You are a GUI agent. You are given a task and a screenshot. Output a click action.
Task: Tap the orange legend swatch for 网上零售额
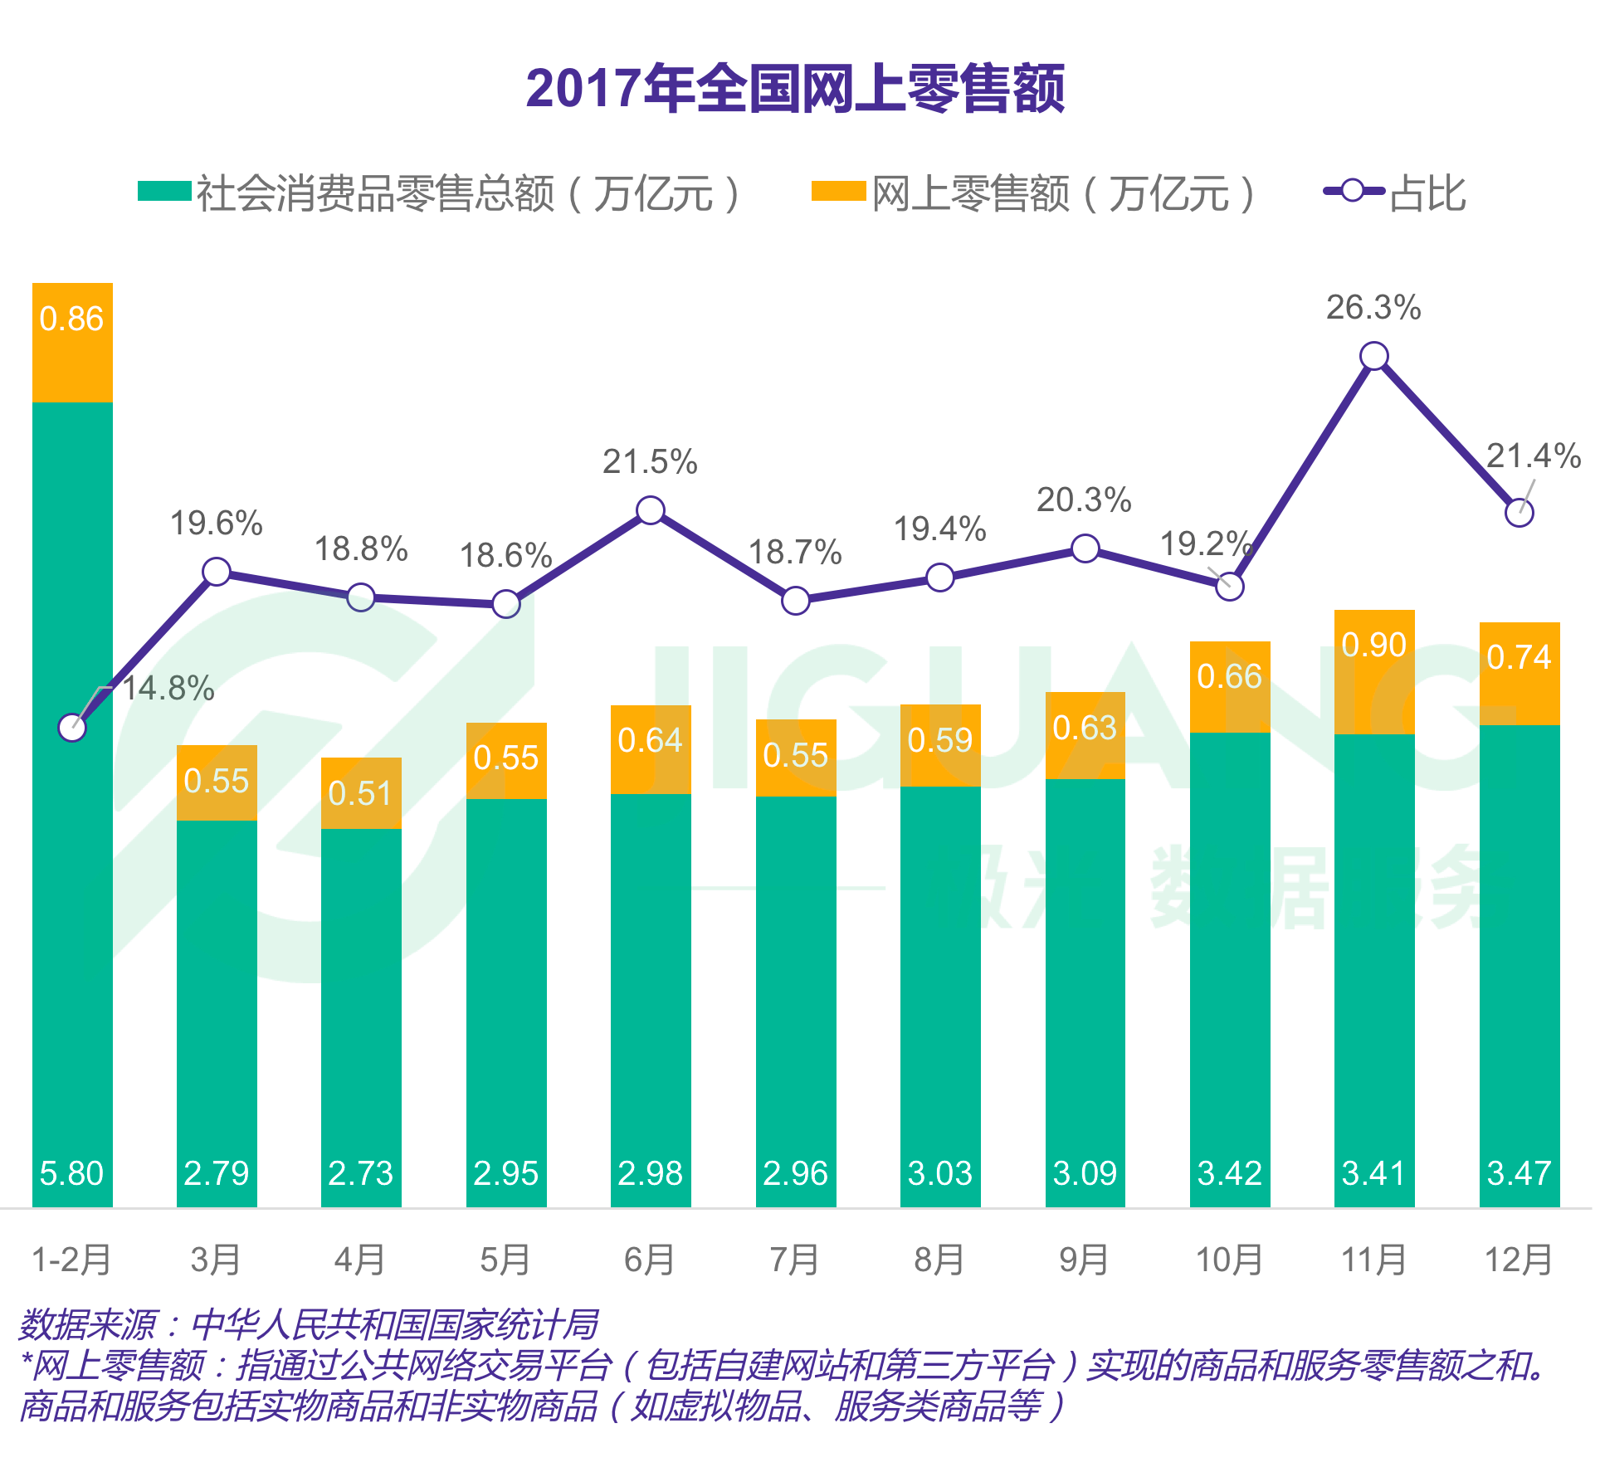[x=838, y=191]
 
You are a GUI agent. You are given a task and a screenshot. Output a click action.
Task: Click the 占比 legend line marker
[x=1353, y=191]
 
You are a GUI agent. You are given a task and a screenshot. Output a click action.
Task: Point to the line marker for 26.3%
[x=1374, y=356]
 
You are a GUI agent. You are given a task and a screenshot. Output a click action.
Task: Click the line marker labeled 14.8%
[x=72, y=728]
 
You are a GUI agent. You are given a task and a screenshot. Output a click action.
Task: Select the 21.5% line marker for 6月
[x=651, y=509]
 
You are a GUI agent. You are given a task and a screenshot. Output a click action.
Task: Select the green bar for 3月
[x=217, y=996]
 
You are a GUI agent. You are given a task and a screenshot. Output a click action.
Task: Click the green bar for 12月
[x=1519, y=954]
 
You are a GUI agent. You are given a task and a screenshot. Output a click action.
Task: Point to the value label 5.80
[x=71, y=1173]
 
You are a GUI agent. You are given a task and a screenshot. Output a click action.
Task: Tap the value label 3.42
[x=1229, y=1173]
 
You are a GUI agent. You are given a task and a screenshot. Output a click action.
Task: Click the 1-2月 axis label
[x=71, y=1260]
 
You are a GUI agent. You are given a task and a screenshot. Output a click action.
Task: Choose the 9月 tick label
[x=1084, y=1260]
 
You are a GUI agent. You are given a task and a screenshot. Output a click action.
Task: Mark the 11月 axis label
[x=1373, y=1260]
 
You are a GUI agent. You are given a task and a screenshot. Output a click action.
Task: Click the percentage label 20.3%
[x=1084, y=500]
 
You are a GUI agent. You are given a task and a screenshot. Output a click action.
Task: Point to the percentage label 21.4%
[x=1533, y=456]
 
